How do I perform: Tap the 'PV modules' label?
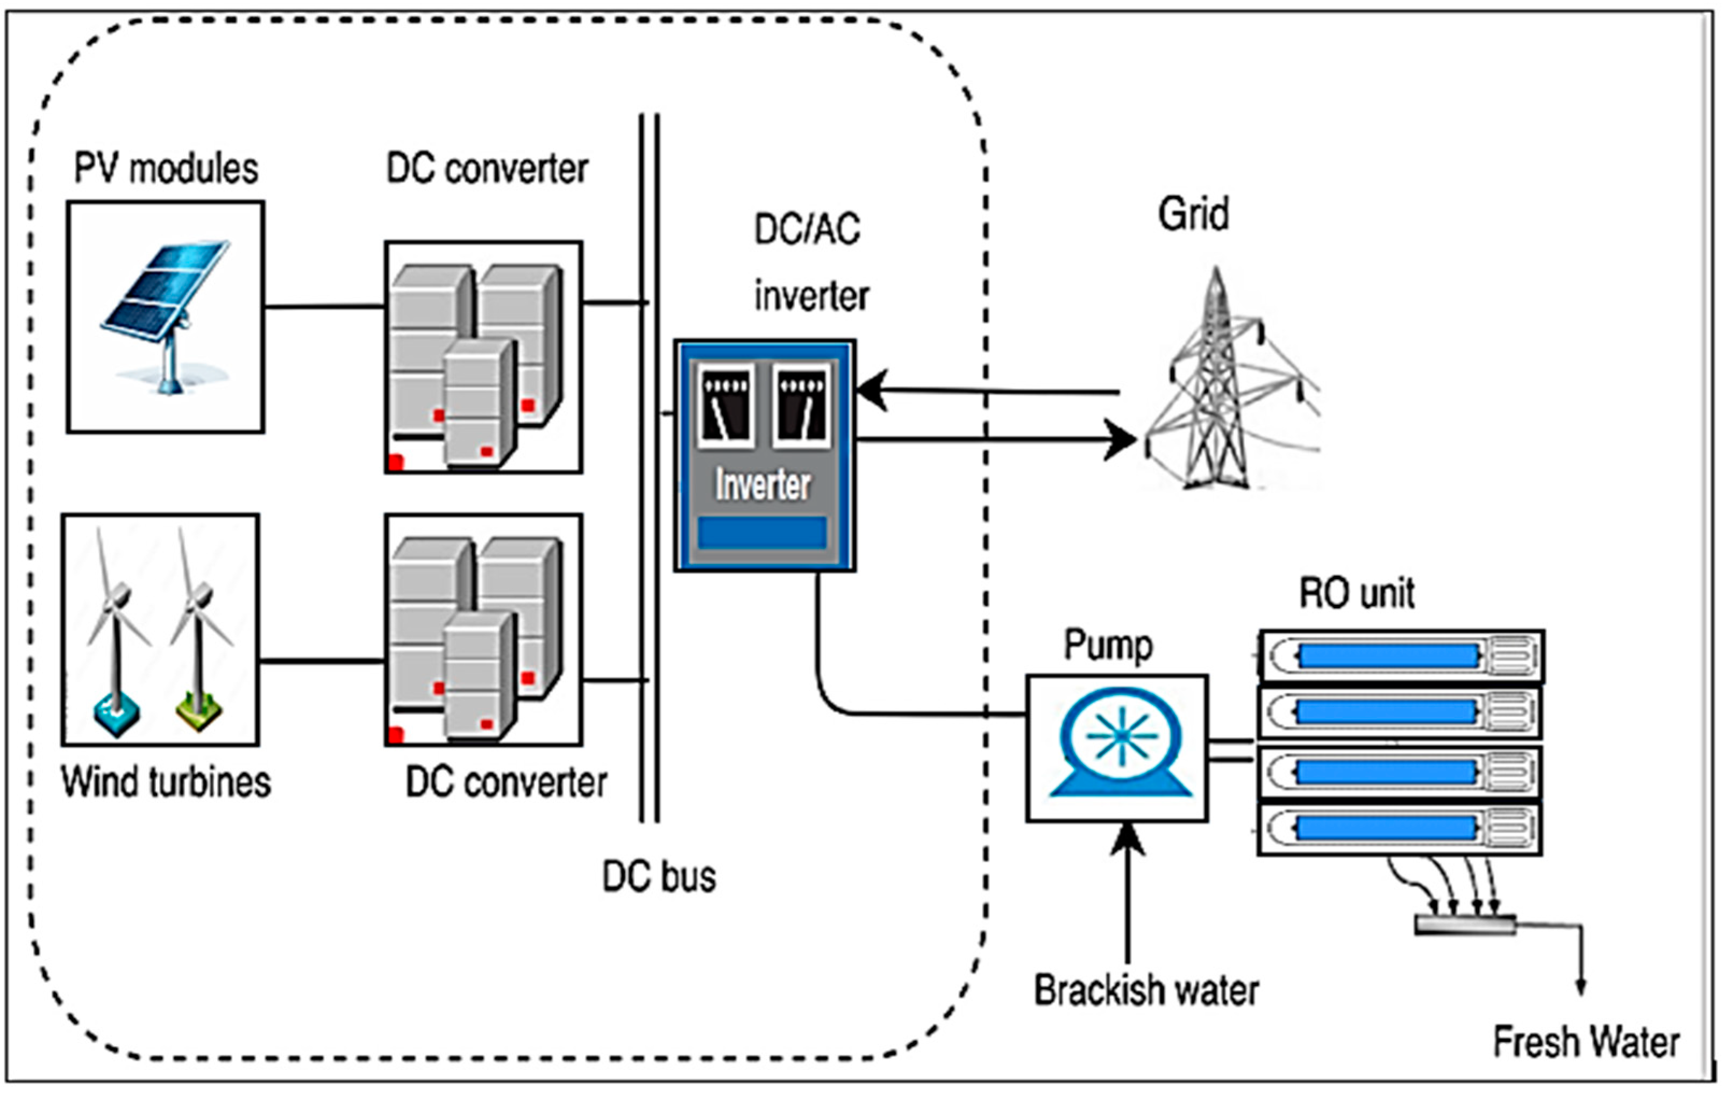click(x=166, y=169)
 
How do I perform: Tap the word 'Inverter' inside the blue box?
click(x=763, y=484)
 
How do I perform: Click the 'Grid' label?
click(x=1193, y=213)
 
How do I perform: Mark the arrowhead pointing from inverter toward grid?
click(x=1122, y=439)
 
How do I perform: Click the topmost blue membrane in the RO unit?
click(x=1388, y=655)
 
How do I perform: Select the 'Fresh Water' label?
click(x=1586, y=1041)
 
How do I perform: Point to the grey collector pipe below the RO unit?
click(x=1465, y=925)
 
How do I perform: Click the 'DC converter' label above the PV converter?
click(x=487, y=169)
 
